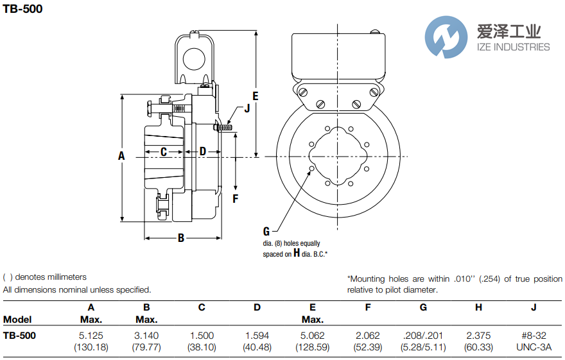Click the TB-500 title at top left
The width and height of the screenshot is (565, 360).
coord(23,9)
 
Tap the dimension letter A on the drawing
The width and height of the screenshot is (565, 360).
coord(121,155)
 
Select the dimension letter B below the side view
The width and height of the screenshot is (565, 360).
coord(181,238)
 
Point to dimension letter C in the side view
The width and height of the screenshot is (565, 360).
coord(164,151)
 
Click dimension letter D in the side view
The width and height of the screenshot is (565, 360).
coord(202,151)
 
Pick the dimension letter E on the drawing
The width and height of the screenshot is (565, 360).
coord(255,96)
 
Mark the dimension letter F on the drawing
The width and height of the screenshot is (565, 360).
coord(236,198)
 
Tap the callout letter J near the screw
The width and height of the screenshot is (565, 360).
coord(247,108)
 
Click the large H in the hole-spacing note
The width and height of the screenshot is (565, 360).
coord(297,253)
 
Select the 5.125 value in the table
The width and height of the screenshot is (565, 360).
coord(91,335)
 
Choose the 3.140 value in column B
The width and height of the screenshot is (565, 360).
coord(146,335)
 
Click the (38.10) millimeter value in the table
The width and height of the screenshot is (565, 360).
coord(202,347)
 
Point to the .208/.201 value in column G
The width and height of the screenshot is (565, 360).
coord(423,335)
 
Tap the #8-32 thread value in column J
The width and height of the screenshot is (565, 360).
coord(534,335)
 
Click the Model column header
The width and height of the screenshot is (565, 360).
coord(17,320)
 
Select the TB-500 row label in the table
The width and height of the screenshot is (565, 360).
coord(20,335)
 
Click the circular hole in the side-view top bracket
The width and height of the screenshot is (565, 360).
coord(193,60)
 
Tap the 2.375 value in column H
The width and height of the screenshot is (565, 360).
coord(478,335)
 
